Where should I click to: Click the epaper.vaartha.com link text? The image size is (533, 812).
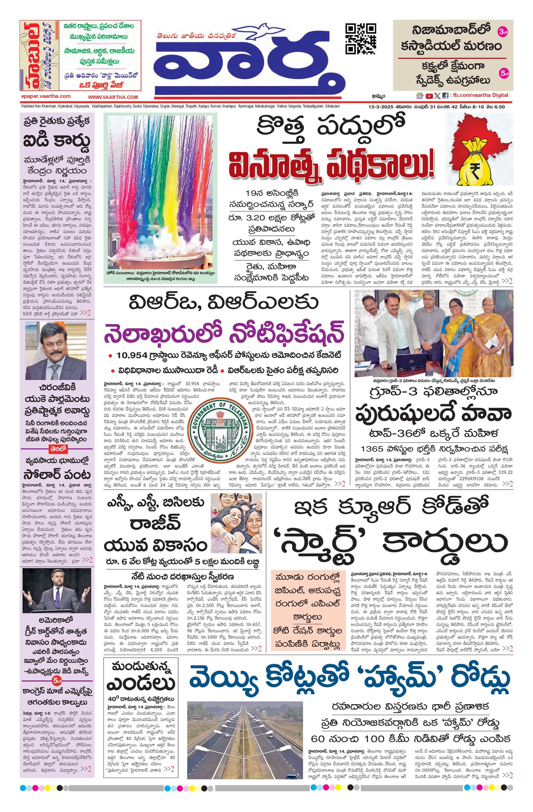click(45, 97)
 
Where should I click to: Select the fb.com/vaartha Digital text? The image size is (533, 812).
click(480, 95)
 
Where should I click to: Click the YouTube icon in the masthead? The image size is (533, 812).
click(429, 96)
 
